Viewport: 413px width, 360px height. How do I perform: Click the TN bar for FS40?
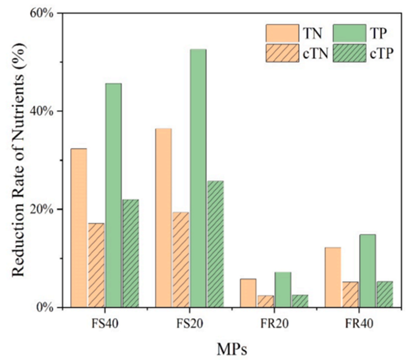coord(79,228)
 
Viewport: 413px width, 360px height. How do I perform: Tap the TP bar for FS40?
coord(113,195)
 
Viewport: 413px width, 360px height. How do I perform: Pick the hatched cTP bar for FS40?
coord(130,253)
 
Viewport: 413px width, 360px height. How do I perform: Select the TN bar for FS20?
coord(163,217)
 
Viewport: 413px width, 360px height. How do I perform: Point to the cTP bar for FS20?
coord(215,244)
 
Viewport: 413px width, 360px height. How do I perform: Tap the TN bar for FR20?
coord(248,293)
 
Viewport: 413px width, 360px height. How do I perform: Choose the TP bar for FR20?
coord(282,290)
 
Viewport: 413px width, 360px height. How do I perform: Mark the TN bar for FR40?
coord(333,277)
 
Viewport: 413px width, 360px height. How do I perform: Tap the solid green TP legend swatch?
coord(349,33)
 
